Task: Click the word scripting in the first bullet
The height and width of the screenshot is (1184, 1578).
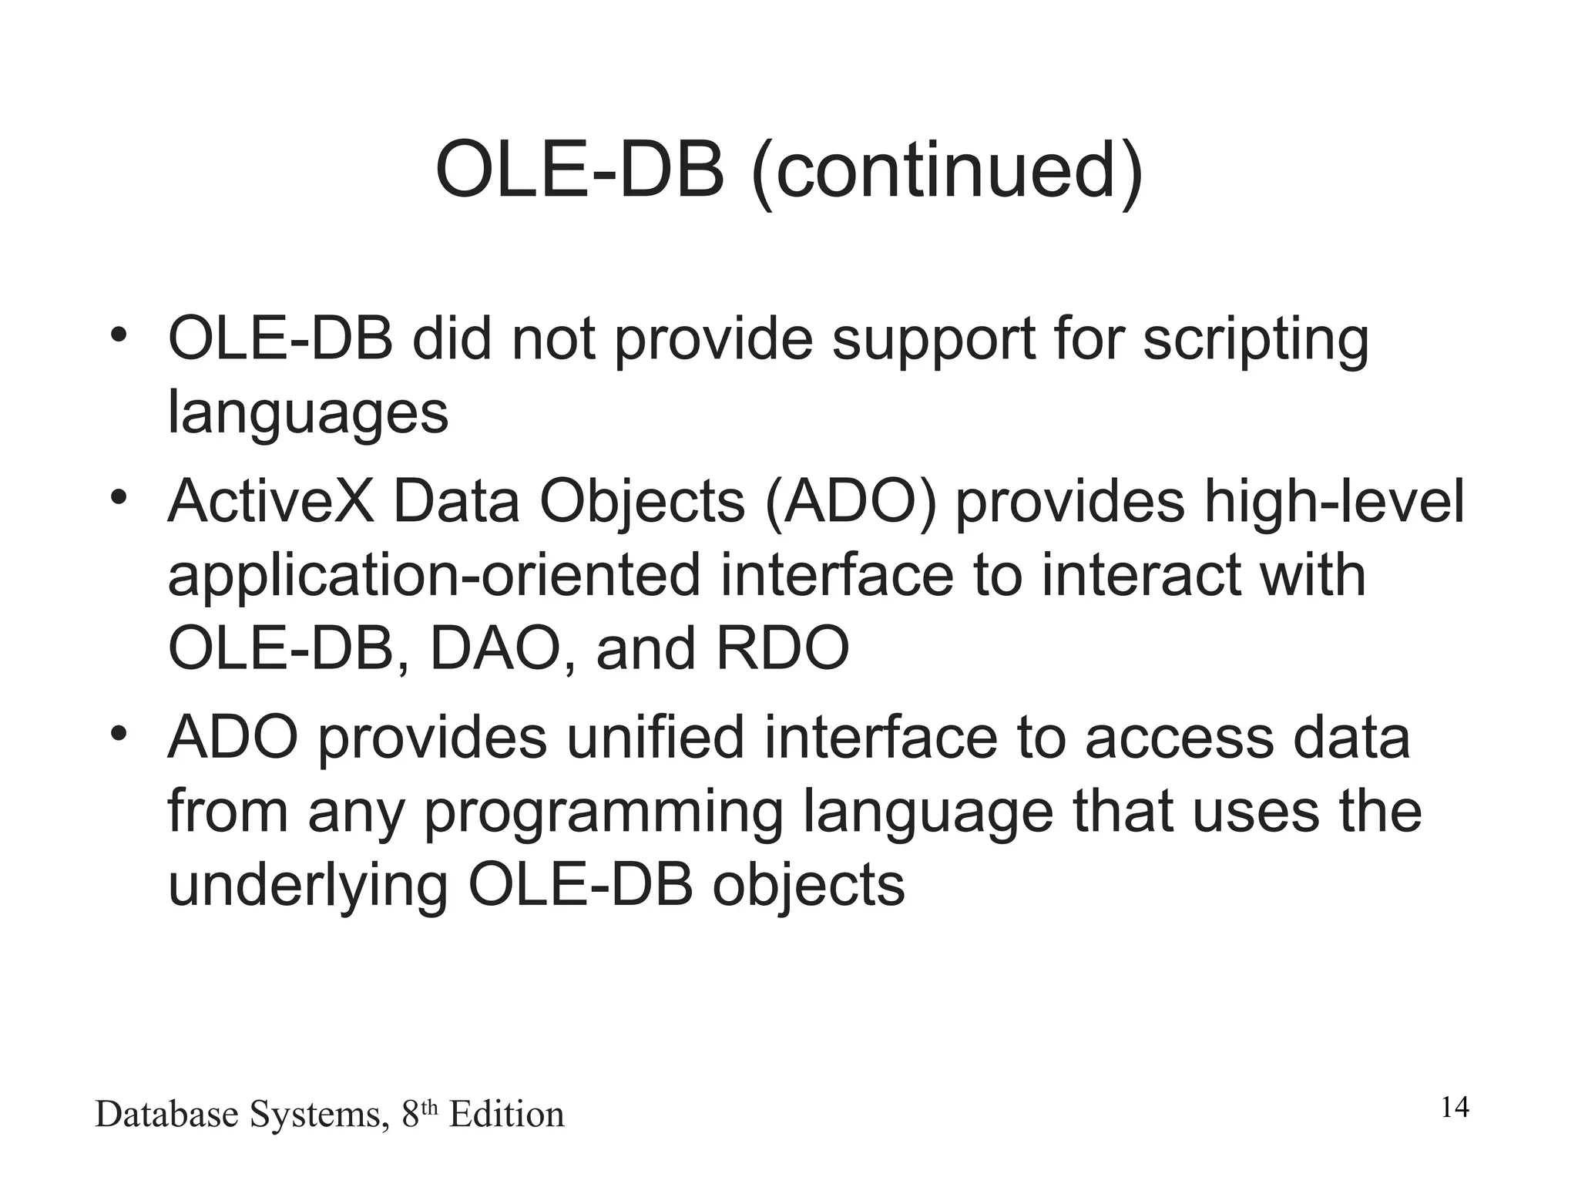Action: tap(1255, 341)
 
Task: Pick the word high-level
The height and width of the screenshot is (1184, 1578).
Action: tap(1334, 503)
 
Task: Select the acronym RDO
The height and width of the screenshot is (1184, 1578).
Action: tap(782, 649)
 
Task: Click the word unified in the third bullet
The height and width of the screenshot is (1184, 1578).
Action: tap(656, 738)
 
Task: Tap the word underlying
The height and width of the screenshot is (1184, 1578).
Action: tap(307, 886)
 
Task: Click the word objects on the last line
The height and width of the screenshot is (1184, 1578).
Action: tap(808, 886)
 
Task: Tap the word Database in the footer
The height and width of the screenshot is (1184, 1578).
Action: tap(166, 1115)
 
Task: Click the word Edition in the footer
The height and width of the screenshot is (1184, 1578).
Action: tap(506, 1115)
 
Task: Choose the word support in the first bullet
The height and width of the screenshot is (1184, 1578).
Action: tap(933, 341)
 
